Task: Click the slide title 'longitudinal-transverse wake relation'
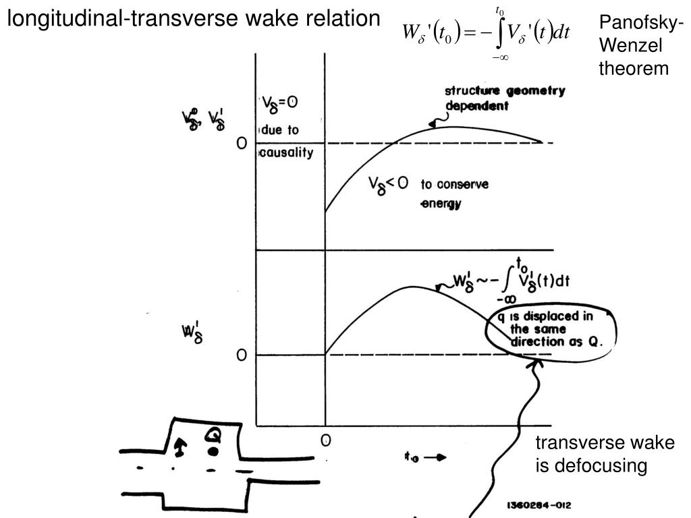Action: [x=194, y=20]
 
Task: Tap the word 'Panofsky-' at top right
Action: [x=641, y=24]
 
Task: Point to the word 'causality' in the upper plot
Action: [x=287, y=152]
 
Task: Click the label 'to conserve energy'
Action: [x=455, y=194]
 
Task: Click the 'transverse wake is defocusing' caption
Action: [x=605, y=454]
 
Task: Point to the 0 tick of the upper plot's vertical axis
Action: [x=241, y=144]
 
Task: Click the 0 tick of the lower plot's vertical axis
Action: [x=241, y=355]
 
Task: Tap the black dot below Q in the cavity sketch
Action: [x=214, y=450]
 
